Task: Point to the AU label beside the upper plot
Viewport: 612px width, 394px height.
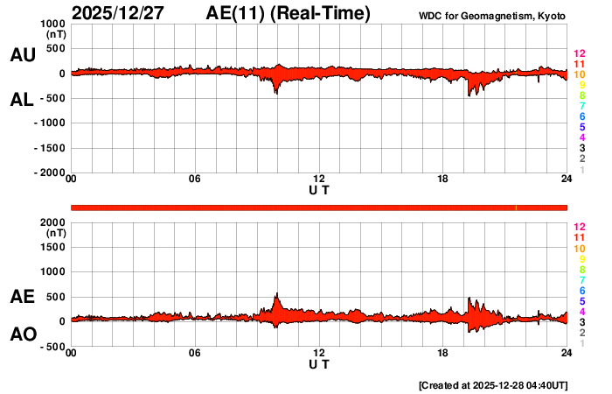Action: click(x=22, y=55)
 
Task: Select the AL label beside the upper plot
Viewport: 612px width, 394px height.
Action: click(x=22, y=100)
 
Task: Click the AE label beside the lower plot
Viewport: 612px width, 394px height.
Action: click(x=22, y=298)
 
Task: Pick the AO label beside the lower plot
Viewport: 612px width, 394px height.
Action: click(x=22, y=334)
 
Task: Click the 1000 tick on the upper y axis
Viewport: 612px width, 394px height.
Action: click(x=51, y=24)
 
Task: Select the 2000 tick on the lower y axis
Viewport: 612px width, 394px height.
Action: click(x=51, y=222)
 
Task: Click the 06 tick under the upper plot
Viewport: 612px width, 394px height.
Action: click(x=195, y=180)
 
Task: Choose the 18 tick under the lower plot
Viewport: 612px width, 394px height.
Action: click(x=442, y=354)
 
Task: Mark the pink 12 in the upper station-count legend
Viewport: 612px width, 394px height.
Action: click(x=578, y=54)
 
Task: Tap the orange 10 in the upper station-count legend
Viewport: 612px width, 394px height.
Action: click(x=578, y=75)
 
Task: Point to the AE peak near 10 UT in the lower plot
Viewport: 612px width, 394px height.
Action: click(x=277, y=294)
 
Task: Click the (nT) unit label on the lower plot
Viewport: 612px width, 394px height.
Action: click(x=55, y=234)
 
